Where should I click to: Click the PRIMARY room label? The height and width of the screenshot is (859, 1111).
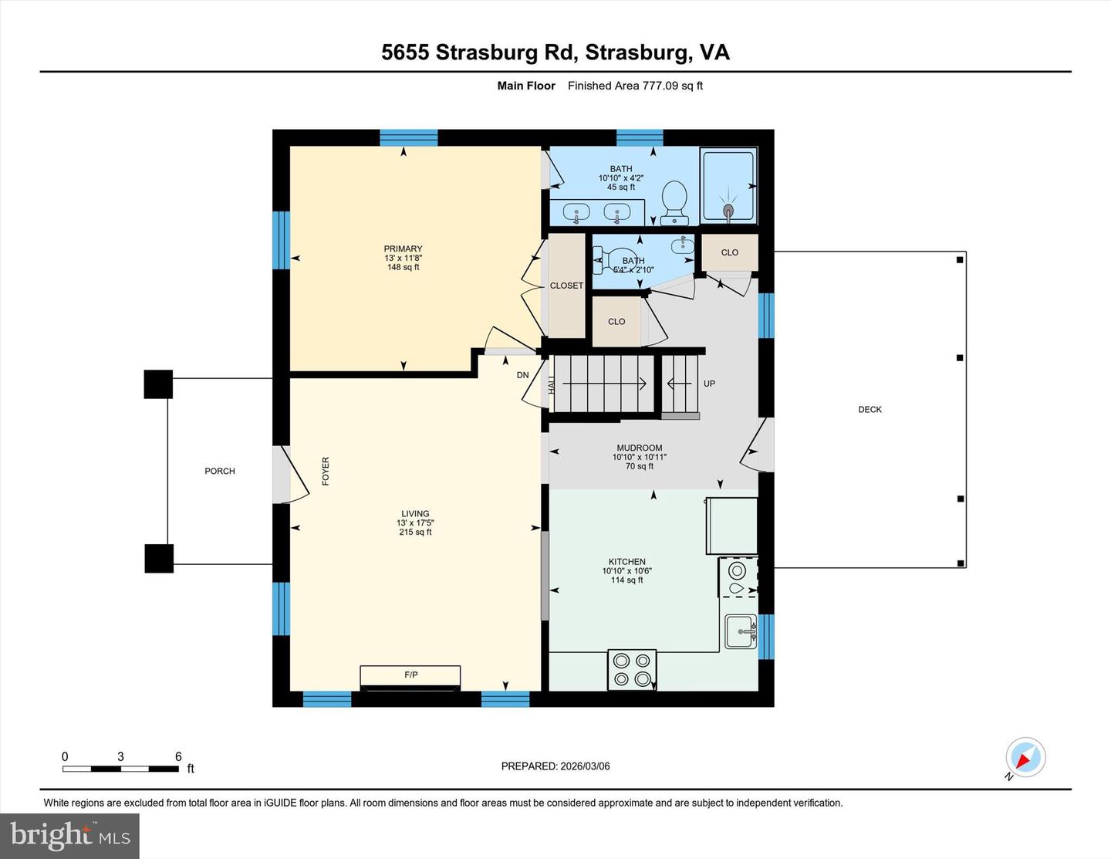click(x=403, y=249)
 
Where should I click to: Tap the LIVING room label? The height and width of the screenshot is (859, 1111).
click(x=415, y=514)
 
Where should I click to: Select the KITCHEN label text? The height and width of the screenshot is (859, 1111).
click(x=626, y=562)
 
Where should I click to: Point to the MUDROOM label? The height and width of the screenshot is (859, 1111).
click(x=639, y=448)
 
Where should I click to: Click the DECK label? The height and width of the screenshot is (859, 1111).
click(x=870, y=410)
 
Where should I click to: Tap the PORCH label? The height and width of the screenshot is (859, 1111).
click(x=220, y=471)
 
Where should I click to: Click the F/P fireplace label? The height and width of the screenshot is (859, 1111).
click(x=411, y=675)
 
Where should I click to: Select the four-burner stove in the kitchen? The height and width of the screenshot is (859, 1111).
click(x=632, y=670)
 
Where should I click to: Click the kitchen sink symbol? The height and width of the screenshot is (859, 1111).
click(x=741, y=631)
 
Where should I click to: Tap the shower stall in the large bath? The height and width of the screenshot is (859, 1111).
click(x=728, y=184)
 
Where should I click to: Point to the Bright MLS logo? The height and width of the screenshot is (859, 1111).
click(x=70, y=836)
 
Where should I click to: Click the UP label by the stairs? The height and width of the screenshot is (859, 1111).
click(x=709, y=384)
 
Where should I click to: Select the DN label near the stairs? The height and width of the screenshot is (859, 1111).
click(x=522, y=375)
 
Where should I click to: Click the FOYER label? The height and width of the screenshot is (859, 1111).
click(x=326, y=471)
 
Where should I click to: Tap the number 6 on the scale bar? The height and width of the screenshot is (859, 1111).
click(x=178, y=756)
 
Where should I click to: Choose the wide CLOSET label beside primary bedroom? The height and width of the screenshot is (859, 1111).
click(x=566, y=286)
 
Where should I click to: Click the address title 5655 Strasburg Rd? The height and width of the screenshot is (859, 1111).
click(x=478, y=52)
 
